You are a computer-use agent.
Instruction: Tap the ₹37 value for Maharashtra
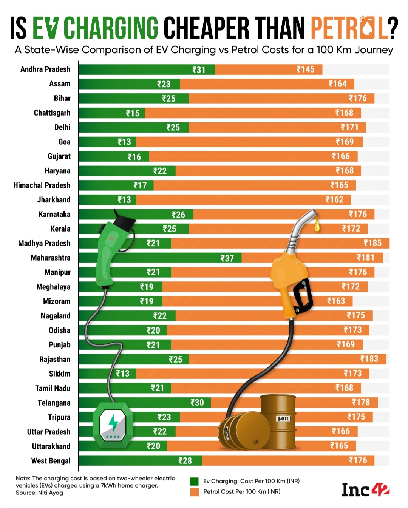coord(227,258)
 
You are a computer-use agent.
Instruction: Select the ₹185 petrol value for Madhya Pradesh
coord(372,243)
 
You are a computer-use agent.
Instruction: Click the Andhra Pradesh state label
coord(45,69)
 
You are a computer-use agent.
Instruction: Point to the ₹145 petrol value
coord(305,69)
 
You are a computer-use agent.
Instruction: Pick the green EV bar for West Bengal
coord(140,460)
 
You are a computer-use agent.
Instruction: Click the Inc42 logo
coord(365,490)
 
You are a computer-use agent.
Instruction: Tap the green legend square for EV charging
coord(195,482)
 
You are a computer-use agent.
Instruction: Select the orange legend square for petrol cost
coord(195,492)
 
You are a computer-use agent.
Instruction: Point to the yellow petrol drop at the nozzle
coord(317,226)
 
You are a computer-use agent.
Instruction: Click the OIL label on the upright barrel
coord(283,418)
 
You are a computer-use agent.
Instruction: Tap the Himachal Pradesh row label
coord(42,185)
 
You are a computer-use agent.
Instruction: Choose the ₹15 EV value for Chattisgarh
coord(133,113)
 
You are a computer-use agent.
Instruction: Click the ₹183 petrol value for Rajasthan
coord(369,359)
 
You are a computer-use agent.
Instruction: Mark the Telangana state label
coord(54,403)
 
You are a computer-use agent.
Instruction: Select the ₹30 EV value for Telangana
coord(197,403)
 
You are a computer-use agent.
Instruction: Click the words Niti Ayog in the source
coord(51,493)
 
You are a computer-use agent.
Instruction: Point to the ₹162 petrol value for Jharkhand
coord(334,200)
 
